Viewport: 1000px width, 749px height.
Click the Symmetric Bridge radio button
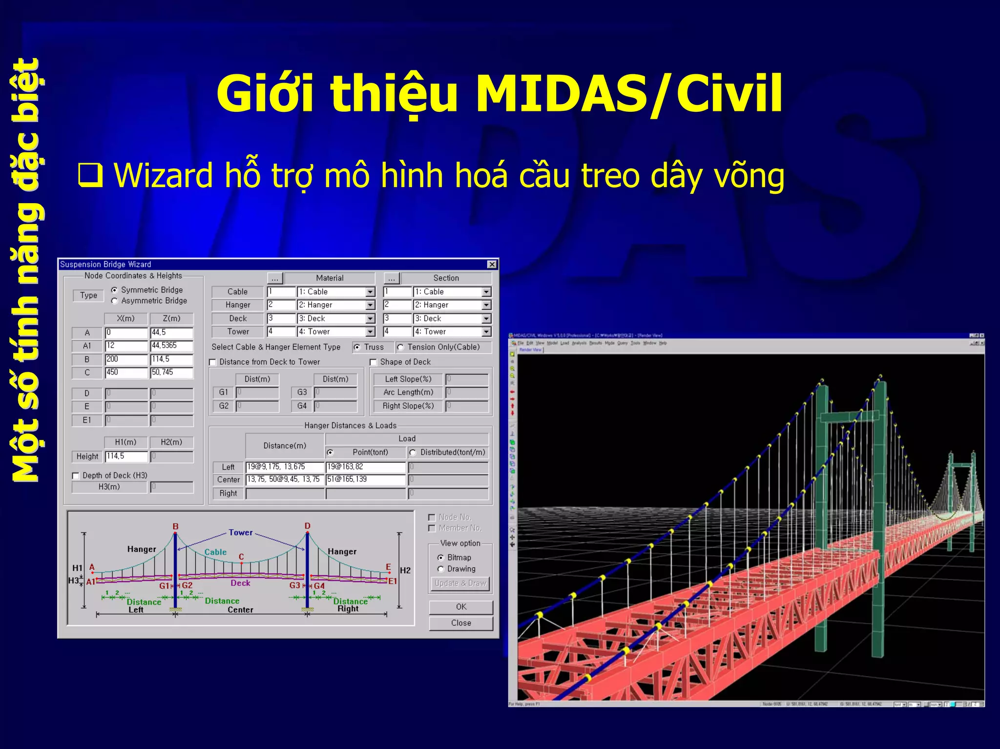[114, 290]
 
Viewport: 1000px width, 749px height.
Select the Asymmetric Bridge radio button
[114, 301]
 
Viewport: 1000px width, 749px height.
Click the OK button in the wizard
[461, 607]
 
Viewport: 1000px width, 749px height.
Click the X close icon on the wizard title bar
[492, 264]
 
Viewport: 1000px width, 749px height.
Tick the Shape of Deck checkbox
[374, 362]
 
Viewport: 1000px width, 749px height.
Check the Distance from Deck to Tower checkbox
[213, 362]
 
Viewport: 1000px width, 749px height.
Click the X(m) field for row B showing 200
[126, 359]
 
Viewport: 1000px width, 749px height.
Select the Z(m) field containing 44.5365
[171, 346]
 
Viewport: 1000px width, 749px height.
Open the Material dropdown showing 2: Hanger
[370, 305]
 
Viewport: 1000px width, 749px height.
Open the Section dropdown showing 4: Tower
[486, 332]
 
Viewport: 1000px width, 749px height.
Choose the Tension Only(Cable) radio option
[401, 347]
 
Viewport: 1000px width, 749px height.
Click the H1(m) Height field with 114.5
[126, 457]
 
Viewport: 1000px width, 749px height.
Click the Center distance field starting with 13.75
[284, 479]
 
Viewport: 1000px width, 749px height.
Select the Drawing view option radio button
[441, 569]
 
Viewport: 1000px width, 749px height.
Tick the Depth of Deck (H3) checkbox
[76, 476]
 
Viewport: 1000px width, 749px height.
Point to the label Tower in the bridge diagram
[241, 533]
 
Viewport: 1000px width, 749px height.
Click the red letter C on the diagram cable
[241, 557]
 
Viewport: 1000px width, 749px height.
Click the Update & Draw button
[460, 583]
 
